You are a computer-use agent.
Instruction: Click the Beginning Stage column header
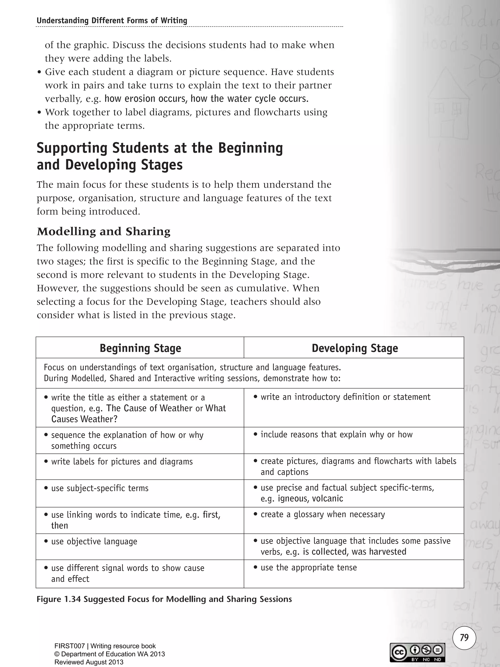tap(140, 348)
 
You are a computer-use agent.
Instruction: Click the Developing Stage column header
tap(355, 348)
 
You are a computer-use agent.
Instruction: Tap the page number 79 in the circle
tap(464, 638)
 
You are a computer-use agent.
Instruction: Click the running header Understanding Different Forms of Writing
tap(112, 21)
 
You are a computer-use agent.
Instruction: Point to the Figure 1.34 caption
tap(164, 599)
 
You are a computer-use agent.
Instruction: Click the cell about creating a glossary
tap(323, 514)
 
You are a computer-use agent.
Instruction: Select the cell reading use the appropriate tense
tap(308, 568)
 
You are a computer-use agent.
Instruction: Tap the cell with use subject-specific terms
tap(100, 488)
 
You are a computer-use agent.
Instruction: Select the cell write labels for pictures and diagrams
tap(122, 462)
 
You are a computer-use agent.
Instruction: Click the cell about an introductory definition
tap(345, 397)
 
